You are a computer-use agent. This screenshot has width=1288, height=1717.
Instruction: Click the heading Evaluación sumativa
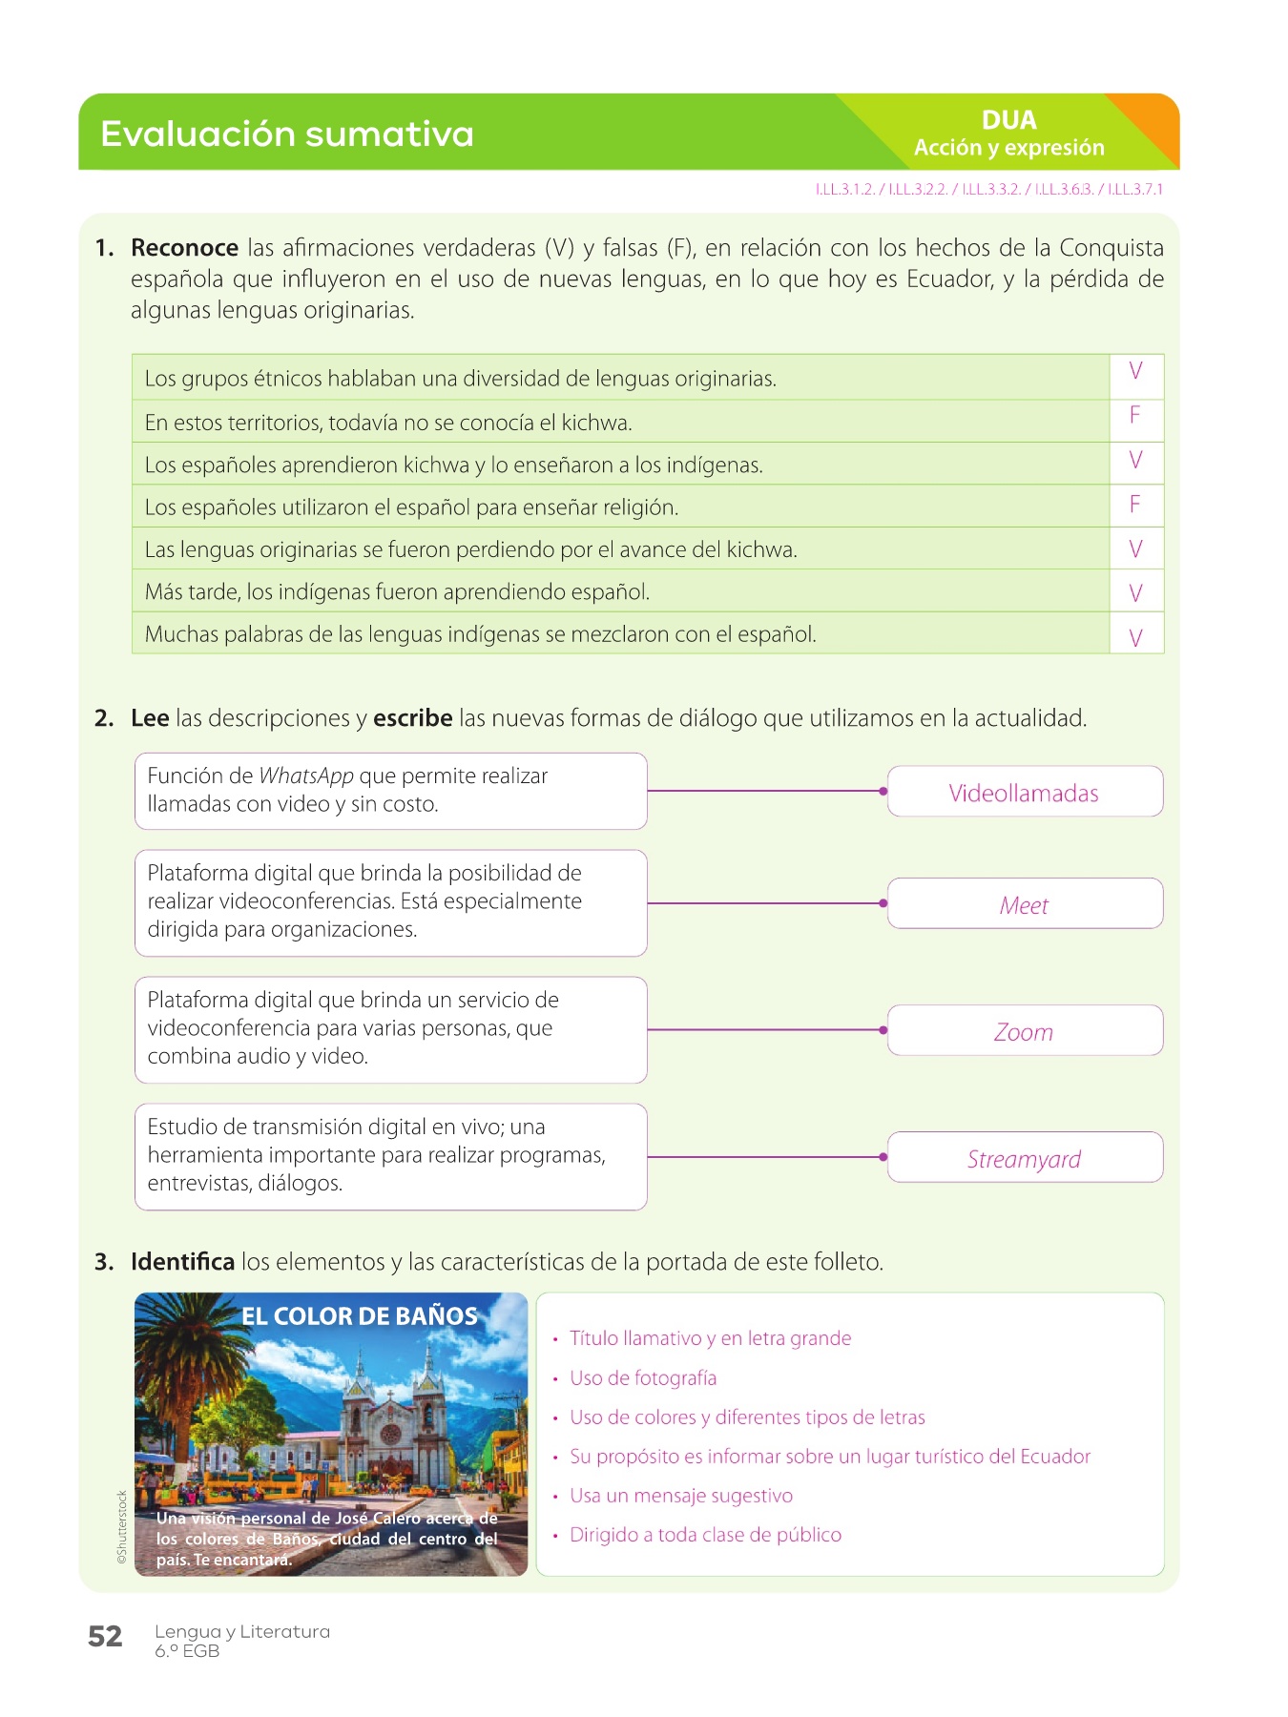click(x=287, y=134)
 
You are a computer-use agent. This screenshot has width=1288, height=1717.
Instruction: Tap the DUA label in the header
click(x=1008, y=120)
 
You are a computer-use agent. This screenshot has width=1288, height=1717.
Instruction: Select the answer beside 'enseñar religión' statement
click(x=1135, y=505)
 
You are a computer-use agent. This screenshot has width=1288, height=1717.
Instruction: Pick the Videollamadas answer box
click(x=1024, y=793)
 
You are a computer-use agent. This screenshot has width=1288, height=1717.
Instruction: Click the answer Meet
click(x=1024, y=905)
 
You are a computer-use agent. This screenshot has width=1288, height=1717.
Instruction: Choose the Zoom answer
click(x=1024, y=1032)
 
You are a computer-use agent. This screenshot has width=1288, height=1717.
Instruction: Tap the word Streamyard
click(x=1024, y=1159)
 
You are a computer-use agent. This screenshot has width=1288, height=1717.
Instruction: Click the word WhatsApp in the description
click(x=306, y=776)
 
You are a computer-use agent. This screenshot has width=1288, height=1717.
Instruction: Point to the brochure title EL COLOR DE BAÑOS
click(x=359, y=1316)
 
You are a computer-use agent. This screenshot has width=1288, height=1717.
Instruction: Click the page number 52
click(x=105, y=1637)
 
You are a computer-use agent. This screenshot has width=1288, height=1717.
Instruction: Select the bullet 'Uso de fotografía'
click(x=643, y=1378)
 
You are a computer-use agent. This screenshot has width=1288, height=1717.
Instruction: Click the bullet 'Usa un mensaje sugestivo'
click(x=681, y=1496)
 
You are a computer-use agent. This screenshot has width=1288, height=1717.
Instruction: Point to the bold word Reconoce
click(x=184, y=248)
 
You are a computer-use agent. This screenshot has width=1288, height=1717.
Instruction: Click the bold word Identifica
click(x=182, y=1262)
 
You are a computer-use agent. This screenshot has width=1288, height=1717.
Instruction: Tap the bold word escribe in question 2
click(x=412, y=718)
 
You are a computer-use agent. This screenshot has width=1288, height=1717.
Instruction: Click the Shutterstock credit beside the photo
click(x=122, y=1526)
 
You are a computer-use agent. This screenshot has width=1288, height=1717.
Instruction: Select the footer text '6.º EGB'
click(x=187, y=1651)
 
